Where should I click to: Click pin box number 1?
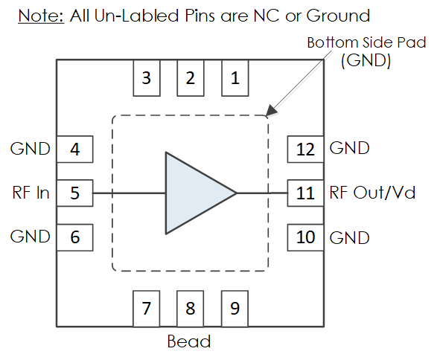[235, 78]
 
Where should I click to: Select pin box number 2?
[191, 78]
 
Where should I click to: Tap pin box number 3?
[147, 78]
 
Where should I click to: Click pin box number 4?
[74, 150]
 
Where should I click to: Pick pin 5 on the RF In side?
[74, 193]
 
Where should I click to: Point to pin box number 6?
[74, 237]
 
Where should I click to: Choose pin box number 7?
[147, 309]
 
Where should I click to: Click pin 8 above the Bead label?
[191, 309]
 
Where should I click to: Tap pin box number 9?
[234, 309]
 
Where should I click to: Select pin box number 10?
[305, 237]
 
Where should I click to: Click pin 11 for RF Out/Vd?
[305, 193]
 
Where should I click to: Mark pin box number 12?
[305, 150]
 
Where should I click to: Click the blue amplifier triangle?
[194, 193]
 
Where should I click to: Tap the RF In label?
[31, 193]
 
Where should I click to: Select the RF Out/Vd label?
[372, 193]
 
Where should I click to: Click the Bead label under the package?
[189, 341]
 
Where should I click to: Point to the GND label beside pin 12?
[350, 148]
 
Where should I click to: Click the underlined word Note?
[41, 16]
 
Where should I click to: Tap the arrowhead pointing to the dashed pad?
[271, 110]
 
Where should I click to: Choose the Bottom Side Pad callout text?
[366, 51]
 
